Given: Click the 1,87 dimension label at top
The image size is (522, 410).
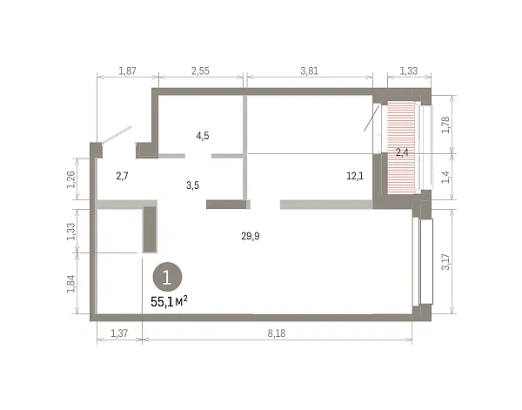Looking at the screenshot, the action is coord(128,71).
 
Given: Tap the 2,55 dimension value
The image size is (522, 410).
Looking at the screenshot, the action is coord(200,71).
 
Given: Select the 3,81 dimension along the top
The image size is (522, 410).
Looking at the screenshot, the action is coord(309,71).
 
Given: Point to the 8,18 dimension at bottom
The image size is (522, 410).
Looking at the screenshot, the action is coord(277,333).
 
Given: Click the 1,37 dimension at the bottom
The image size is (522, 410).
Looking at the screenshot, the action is coord(119,333).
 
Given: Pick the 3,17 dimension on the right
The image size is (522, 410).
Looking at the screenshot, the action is coord(445,262).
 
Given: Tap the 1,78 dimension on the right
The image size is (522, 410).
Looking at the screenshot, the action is coord(445,124).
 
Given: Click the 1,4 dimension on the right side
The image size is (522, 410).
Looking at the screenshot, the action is coord(445,177).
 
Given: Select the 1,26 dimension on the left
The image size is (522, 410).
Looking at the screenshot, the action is coord(71,179).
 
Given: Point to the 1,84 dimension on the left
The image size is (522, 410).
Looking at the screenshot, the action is coord(71,284).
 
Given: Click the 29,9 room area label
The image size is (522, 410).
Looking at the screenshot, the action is coord(251,236).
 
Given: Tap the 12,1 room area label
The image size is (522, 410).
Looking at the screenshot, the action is coord(355,176).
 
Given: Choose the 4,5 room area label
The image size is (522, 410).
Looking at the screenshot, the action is coord(203,136).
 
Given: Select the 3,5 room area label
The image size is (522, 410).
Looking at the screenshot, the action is coord(193,185).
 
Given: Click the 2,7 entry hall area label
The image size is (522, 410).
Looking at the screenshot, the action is coord(122,176).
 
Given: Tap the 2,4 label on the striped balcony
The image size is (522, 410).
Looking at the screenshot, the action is coord(402,153).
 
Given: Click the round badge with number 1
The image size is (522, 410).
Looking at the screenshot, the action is coord(167,277).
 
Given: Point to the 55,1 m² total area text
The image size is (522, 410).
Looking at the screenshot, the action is coord(169,302).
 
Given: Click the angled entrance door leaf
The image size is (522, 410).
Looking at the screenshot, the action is coord(117,135).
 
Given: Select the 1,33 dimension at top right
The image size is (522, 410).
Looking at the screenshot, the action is coord(409,71).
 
